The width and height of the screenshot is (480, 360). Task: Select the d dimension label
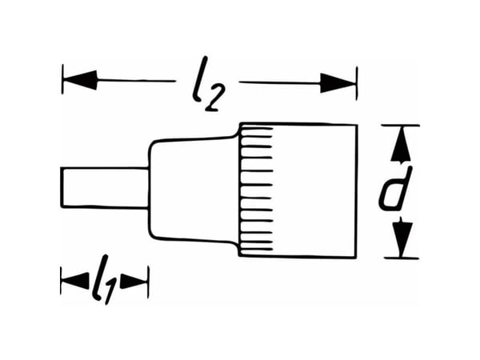pos(395,189)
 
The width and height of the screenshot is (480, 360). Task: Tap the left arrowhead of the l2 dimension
pos(80,80)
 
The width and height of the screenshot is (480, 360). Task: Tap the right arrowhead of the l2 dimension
pos(338,83)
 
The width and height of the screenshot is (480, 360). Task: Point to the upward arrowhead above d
pos(401,144)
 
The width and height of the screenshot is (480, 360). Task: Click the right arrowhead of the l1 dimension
pos(134,281)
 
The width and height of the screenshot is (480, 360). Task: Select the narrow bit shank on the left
pos(105,187)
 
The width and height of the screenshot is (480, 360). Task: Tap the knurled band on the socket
pos(256,190)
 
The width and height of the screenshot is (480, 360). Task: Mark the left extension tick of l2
pos(62,79)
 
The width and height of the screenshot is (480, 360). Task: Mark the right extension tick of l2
pos(357,83)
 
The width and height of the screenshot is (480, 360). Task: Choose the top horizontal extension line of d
pos(401,126)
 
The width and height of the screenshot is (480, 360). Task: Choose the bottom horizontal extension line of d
pos(402,258)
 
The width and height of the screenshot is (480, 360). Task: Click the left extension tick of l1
pos(62,281)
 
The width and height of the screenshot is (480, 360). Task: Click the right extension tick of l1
pos(149,282)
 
